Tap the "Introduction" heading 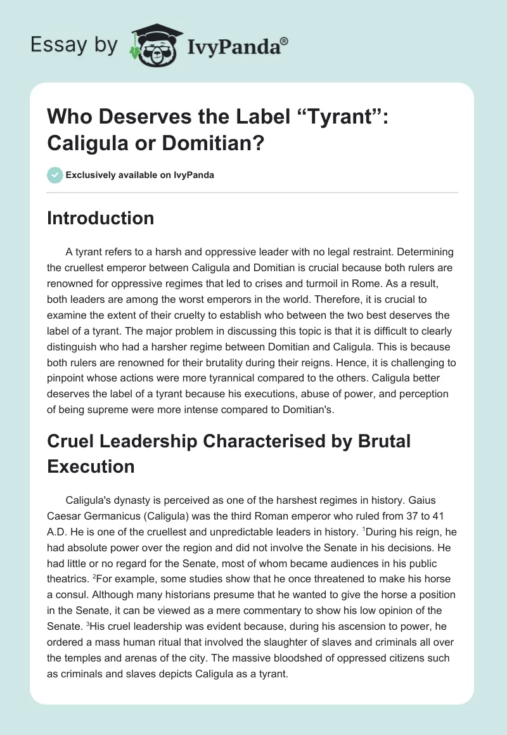tap(101, 218)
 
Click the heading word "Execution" tap(91, 466)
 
